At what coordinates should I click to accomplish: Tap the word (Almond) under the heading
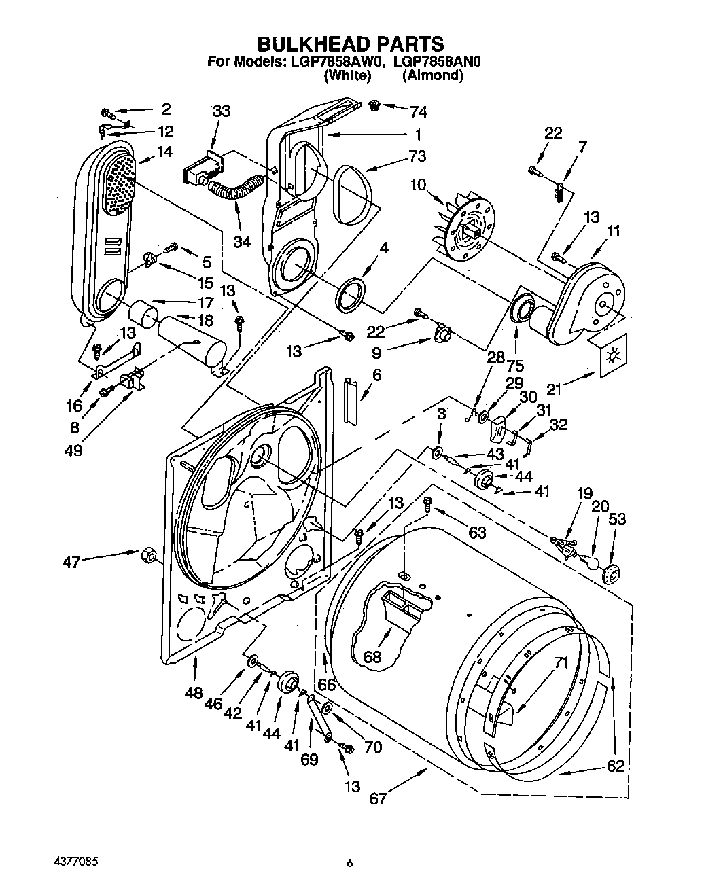point(432,76)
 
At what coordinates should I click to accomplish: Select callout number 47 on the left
point(71,562)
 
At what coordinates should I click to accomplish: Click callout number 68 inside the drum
point(372,656)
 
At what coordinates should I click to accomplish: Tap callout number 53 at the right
point(617,520)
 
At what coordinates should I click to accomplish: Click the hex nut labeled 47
point(145,556)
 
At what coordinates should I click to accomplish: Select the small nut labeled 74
point(374,105)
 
